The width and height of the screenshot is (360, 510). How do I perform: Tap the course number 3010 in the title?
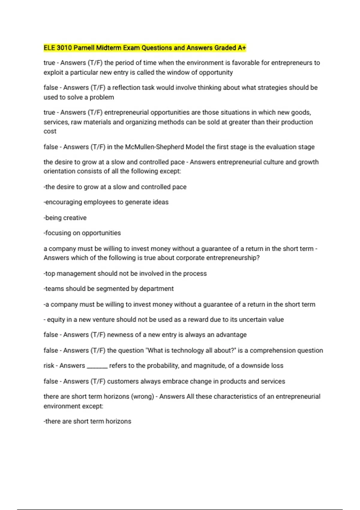point(64,48)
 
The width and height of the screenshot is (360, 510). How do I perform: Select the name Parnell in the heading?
point(84,48)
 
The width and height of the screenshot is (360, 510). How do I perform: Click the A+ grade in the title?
point(242,48)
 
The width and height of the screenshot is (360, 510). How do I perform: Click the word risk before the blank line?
point(49,366)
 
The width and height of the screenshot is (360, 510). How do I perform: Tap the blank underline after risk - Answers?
point(97,367)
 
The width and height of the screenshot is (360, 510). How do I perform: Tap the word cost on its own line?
point(50,131)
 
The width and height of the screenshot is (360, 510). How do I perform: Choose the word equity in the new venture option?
point(56,319)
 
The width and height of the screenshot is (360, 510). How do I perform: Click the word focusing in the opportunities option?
point(58,233)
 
